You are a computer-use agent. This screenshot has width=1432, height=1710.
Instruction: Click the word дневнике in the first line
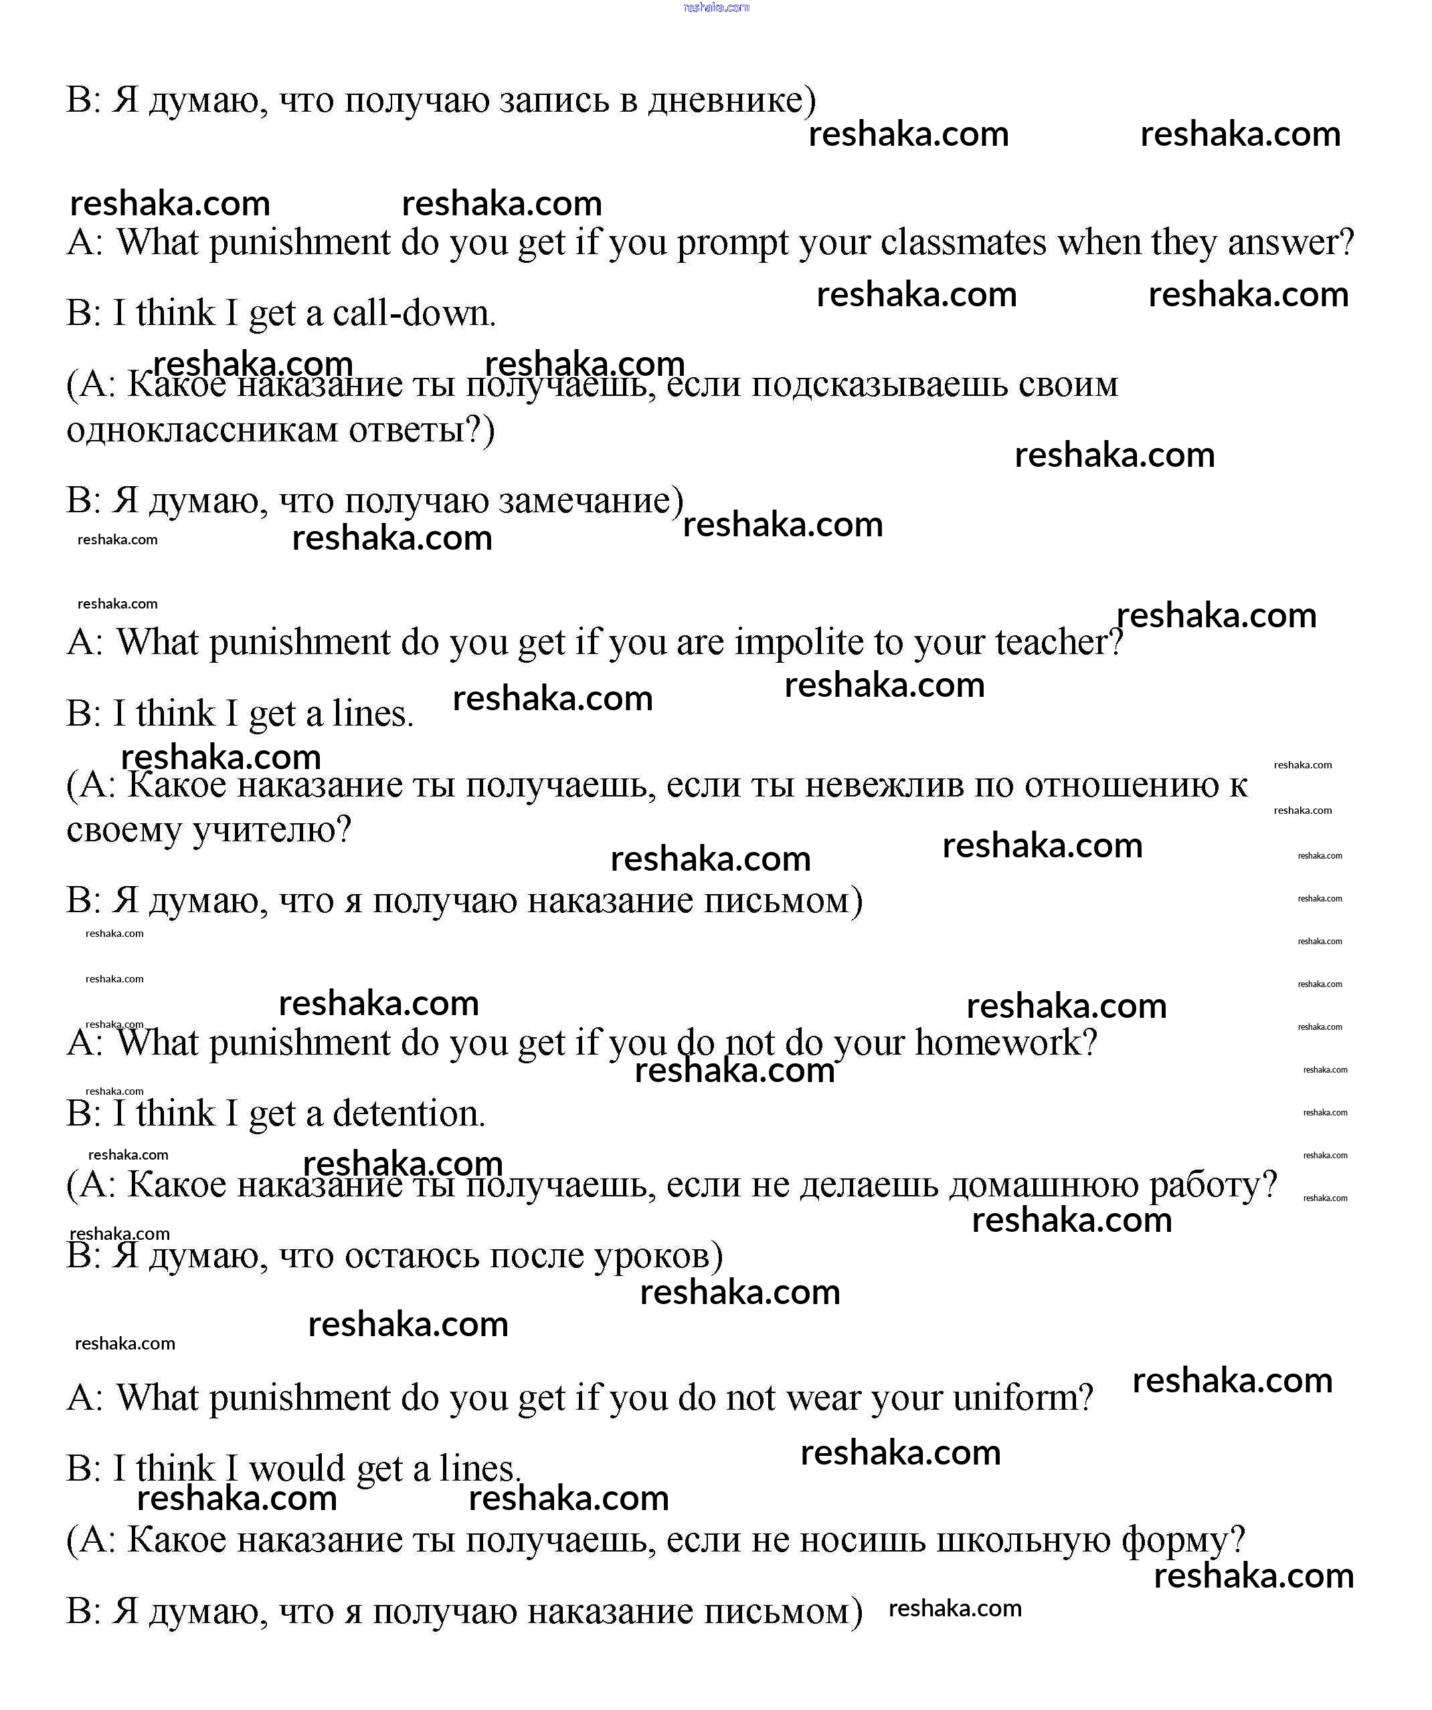click(725, 100)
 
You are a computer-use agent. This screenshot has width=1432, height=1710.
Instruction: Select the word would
click(296, 1469)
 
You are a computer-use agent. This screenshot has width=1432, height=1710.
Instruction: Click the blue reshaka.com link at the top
click(716, 7)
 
